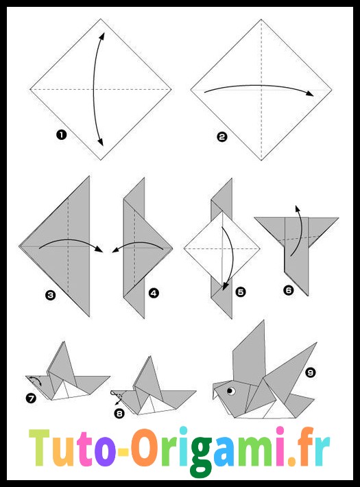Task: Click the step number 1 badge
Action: tap(62, 135)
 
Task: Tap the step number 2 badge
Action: tap(221, 136)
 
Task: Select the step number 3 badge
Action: tap(50, 295)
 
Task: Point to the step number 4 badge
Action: tap(154, 293)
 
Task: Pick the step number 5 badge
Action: tap(241, 292)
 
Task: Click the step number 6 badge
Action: tap(288, 290)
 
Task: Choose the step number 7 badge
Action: tap(31, 398)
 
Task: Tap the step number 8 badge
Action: tap(119, 414)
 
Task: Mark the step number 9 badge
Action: tap(311, 372)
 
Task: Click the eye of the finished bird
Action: tap(230, 391)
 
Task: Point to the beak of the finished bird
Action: tap(216, 392)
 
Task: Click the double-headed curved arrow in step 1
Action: tap(94, 89)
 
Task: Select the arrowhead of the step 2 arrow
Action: tap(309, 93)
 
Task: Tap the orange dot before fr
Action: tap(292, 460)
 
